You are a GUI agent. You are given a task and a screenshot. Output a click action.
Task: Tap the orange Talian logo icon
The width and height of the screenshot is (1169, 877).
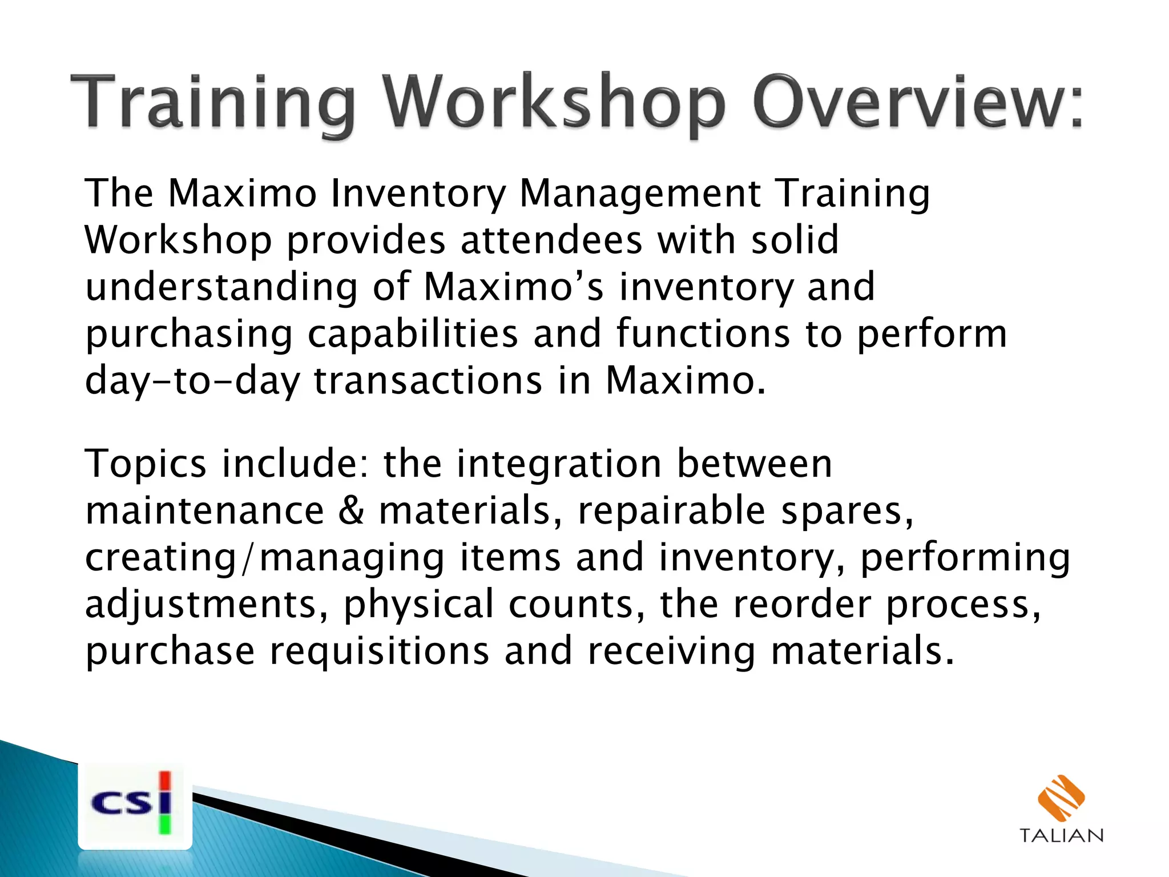(x=1061, y=798)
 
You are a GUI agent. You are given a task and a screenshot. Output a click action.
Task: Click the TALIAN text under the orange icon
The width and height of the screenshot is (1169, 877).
(x=1061, y=836)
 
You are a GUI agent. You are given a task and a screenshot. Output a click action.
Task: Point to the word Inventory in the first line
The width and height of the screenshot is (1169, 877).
(x=418, y=194)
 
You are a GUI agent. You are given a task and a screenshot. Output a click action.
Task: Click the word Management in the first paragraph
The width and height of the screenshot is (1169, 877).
(x=640, y=194)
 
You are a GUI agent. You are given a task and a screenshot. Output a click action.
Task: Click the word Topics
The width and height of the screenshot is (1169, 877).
(x=146, y=464)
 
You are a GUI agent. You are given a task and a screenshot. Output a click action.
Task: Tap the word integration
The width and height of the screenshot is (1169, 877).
(x=559, y=464)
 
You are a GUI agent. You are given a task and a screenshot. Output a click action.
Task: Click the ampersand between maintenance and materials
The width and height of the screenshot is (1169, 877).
(x=351, y=510)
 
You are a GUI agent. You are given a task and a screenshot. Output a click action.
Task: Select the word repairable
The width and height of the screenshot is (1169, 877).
(x=671, y=510)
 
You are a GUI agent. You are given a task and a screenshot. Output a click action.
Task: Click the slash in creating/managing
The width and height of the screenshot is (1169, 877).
(x=247, y=558)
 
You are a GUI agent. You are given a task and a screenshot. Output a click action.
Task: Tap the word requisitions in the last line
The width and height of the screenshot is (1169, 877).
(x=379, y=651)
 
